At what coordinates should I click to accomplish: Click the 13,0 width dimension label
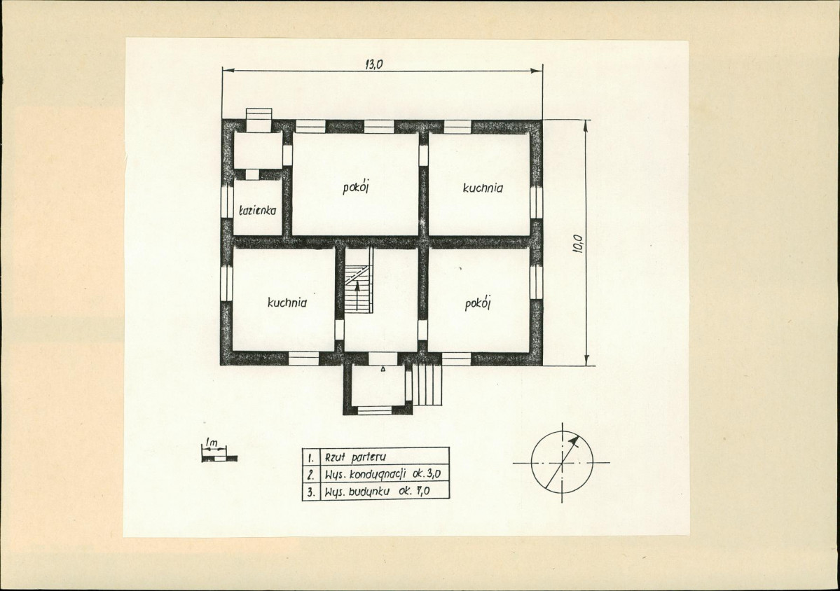[x=374, y=64]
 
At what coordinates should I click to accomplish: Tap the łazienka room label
[x=257, y=210]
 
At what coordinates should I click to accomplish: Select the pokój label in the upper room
[x=357, y=188]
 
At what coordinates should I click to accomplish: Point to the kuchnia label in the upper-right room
[x=483, y=188]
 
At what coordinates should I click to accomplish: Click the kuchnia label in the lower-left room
[x=287, y=303]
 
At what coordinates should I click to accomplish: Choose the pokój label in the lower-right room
[x=478, y=303]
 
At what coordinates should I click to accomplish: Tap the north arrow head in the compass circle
[x=574, y=440]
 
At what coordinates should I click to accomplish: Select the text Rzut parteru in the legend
[x=354, y=458]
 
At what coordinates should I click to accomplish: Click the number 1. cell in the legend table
[x=310, y=458]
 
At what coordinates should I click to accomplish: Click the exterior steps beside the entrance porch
[x=427, y=384]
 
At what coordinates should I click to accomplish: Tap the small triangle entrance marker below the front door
[x=383, y=370]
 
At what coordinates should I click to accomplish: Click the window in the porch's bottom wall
[x=375, y=410]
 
